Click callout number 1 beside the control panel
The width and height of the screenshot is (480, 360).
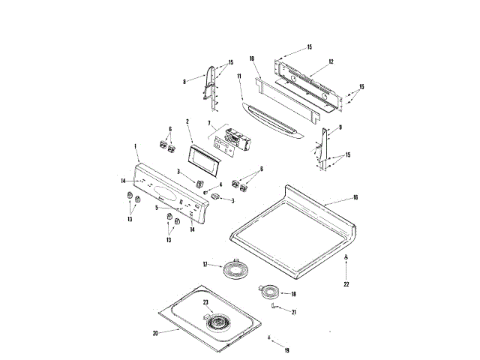point(136,146)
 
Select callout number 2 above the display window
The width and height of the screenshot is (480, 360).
point(187,121)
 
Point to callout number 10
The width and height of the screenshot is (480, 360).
point(253,58)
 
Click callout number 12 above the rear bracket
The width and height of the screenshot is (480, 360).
point(331,62)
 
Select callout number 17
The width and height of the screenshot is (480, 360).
point(205,265)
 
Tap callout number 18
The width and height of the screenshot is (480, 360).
point(293,294)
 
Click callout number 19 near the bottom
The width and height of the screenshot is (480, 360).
point(286,349)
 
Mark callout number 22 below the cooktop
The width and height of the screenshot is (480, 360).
point(346,284)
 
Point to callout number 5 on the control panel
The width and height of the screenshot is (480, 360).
point(157,207)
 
